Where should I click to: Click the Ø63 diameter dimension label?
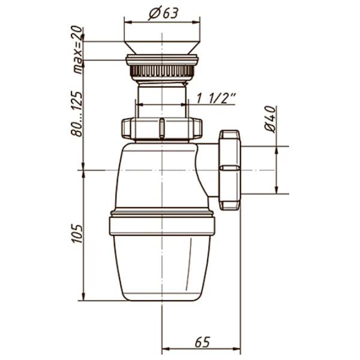163,13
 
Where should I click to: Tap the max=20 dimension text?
77,50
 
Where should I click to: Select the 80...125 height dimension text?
76,115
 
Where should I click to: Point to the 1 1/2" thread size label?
215,98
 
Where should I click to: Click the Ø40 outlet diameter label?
270,119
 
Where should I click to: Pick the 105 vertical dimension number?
76,233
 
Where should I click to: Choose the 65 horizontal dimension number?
202,343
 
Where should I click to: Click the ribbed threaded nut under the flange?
162,71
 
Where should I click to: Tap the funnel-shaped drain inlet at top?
162,48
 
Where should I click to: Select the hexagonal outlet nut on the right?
230,170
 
